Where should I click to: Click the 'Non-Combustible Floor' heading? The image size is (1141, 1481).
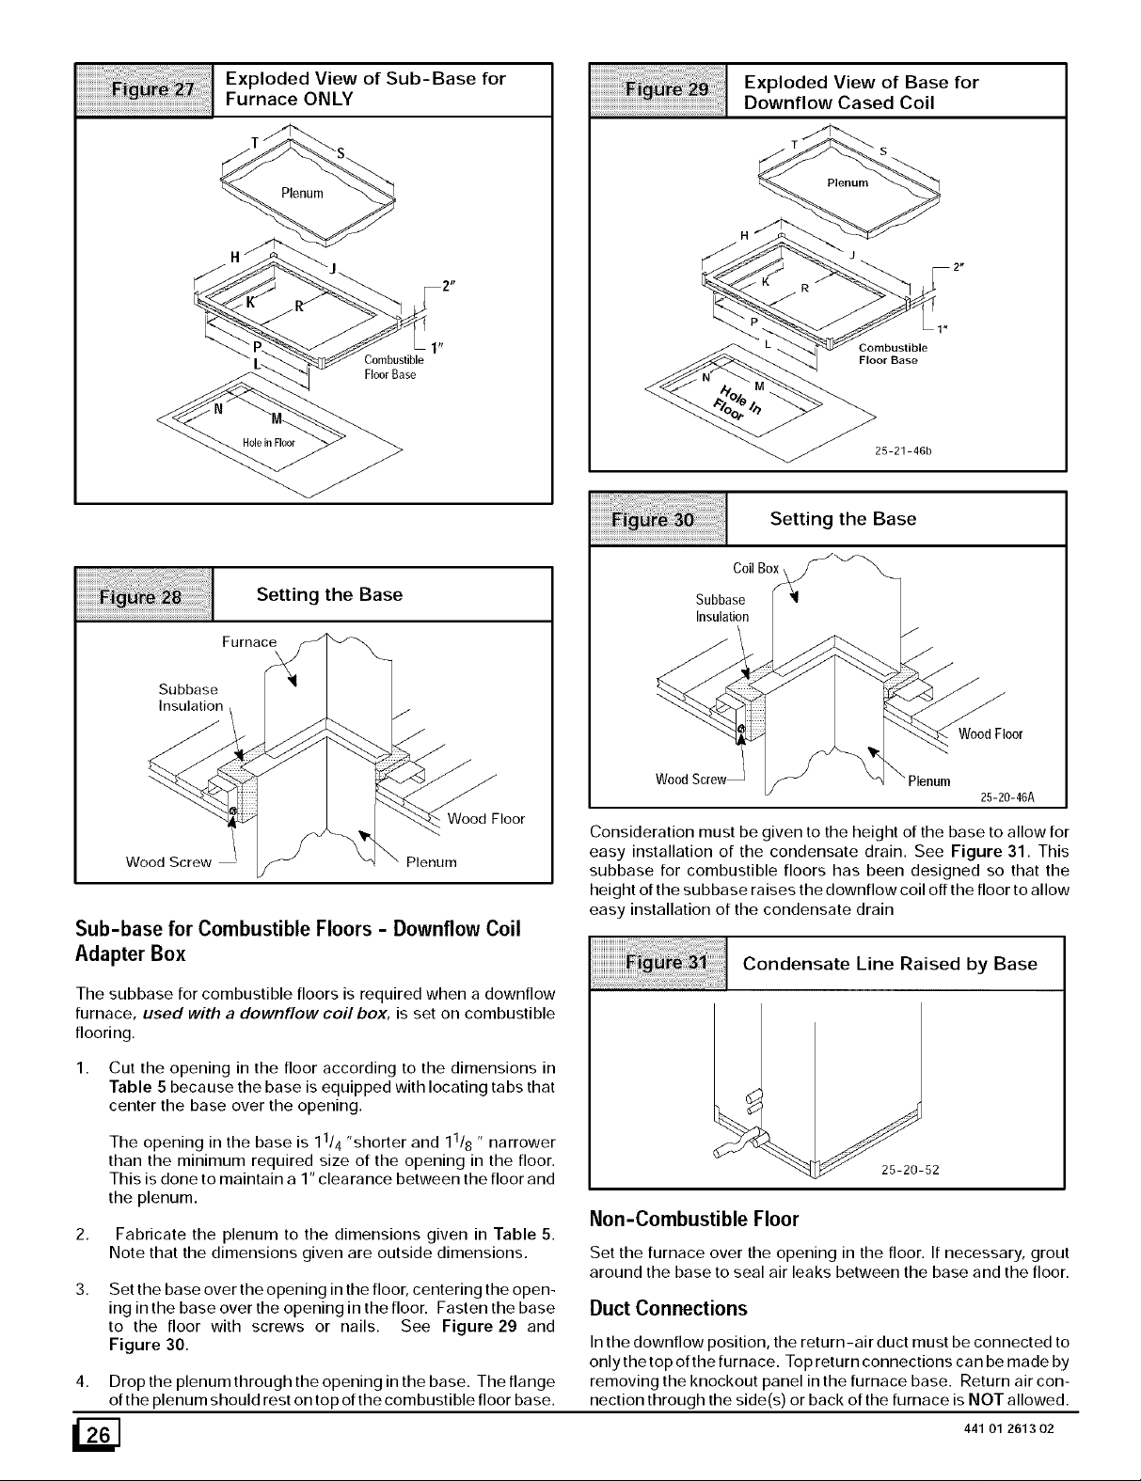(x=693, y=1220)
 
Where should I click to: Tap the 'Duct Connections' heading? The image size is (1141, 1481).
(x=669, y=1308)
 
